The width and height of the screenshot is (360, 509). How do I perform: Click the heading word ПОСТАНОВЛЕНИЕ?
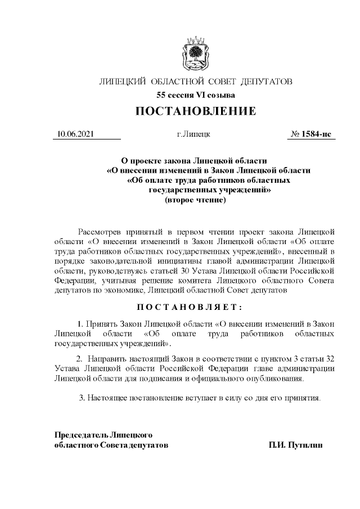[195, 111]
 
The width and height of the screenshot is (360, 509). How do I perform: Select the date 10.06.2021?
[75, 134]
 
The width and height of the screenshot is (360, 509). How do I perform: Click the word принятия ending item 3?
[304, 398]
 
